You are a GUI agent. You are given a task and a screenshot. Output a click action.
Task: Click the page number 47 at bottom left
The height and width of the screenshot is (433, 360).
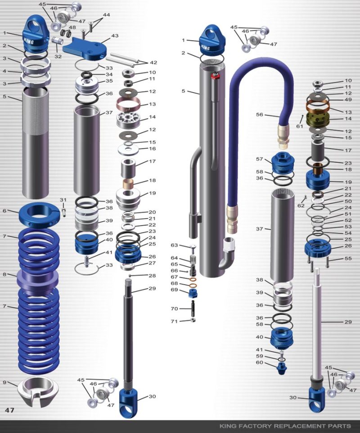[10, 410]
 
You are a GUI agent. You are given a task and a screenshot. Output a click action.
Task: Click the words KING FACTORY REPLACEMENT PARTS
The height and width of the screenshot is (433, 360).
[285, 425]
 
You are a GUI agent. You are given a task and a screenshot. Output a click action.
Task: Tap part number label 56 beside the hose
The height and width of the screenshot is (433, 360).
[260, 115]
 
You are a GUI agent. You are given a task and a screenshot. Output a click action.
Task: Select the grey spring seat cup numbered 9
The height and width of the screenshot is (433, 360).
[38, 390]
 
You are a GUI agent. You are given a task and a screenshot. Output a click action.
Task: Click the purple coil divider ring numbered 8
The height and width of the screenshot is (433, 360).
[38, 280]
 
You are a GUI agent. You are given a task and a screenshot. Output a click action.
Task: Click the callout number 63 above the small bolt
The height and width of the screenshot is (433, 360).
[175, 245]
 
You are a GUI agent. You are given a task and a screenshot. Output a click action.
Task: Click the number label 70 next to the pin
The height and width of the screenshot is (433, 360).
[175, 308]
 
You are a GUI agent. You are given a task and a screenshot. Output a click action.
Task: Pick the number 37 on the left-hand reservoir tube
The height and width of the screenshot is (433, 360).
[109, 112]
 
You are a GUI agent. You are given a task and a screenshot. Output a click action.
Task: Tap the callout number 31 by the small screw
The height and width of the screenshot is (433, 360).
[63, 200]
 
